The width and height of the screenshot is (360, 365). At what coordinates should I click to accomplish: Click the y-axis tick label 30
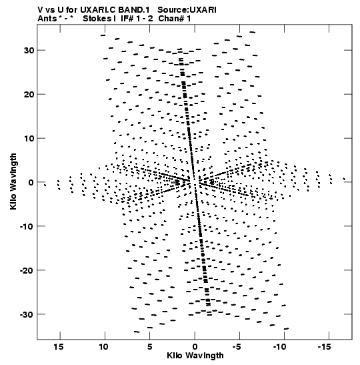point(29,50)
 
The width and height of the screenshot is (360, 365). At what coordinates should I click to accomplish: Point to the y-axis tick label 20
point(29,94)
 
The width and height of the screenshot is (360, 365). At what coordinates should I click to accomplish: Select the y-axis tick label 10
point(29,138)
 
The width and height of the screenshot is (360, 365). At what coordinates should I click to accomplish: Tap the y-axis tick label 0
point(31,182)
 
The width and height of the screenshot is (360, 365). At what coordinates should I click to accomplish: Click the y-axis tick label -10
point(27,226)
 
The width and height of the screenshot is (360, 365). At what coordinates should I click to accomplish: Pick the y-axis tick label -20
point(27,270)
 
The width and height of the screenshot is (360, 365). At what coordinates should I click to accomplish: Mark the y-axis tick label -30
point(27,314)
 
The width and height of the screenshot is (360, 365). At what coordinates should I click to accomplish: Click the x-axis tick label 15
point(59,347)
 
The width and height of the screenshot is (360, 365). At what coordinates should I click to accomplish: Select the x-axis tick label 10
point(104,347)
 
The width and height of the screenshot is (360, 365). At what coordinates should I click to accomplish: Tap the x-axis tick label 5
point(149,347)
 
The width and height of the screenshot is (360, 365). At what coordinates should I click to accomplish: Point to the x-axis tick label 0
point(195,347)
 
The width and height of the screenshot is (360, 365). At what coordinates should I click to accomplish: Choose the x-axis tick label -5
point(237,347)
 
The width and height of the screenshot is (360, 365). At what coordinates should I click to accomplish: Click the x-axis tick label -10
point(280,347)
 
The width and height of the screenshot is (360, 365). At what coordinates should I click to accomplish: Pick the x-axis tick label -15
point(325,347)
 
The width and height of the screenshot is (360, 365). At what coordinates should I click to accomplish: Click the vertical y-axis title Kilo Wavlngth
point(13,181)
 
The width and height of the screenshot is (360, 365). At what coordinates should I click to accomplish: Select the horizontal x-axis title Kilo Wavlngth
point(195,356)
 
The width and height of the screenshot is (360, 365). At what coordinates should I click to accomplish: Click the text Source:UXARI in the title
point(187,10)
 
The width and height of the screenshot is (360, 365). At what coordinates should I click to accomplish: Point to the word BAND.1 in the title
point(134,10)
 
